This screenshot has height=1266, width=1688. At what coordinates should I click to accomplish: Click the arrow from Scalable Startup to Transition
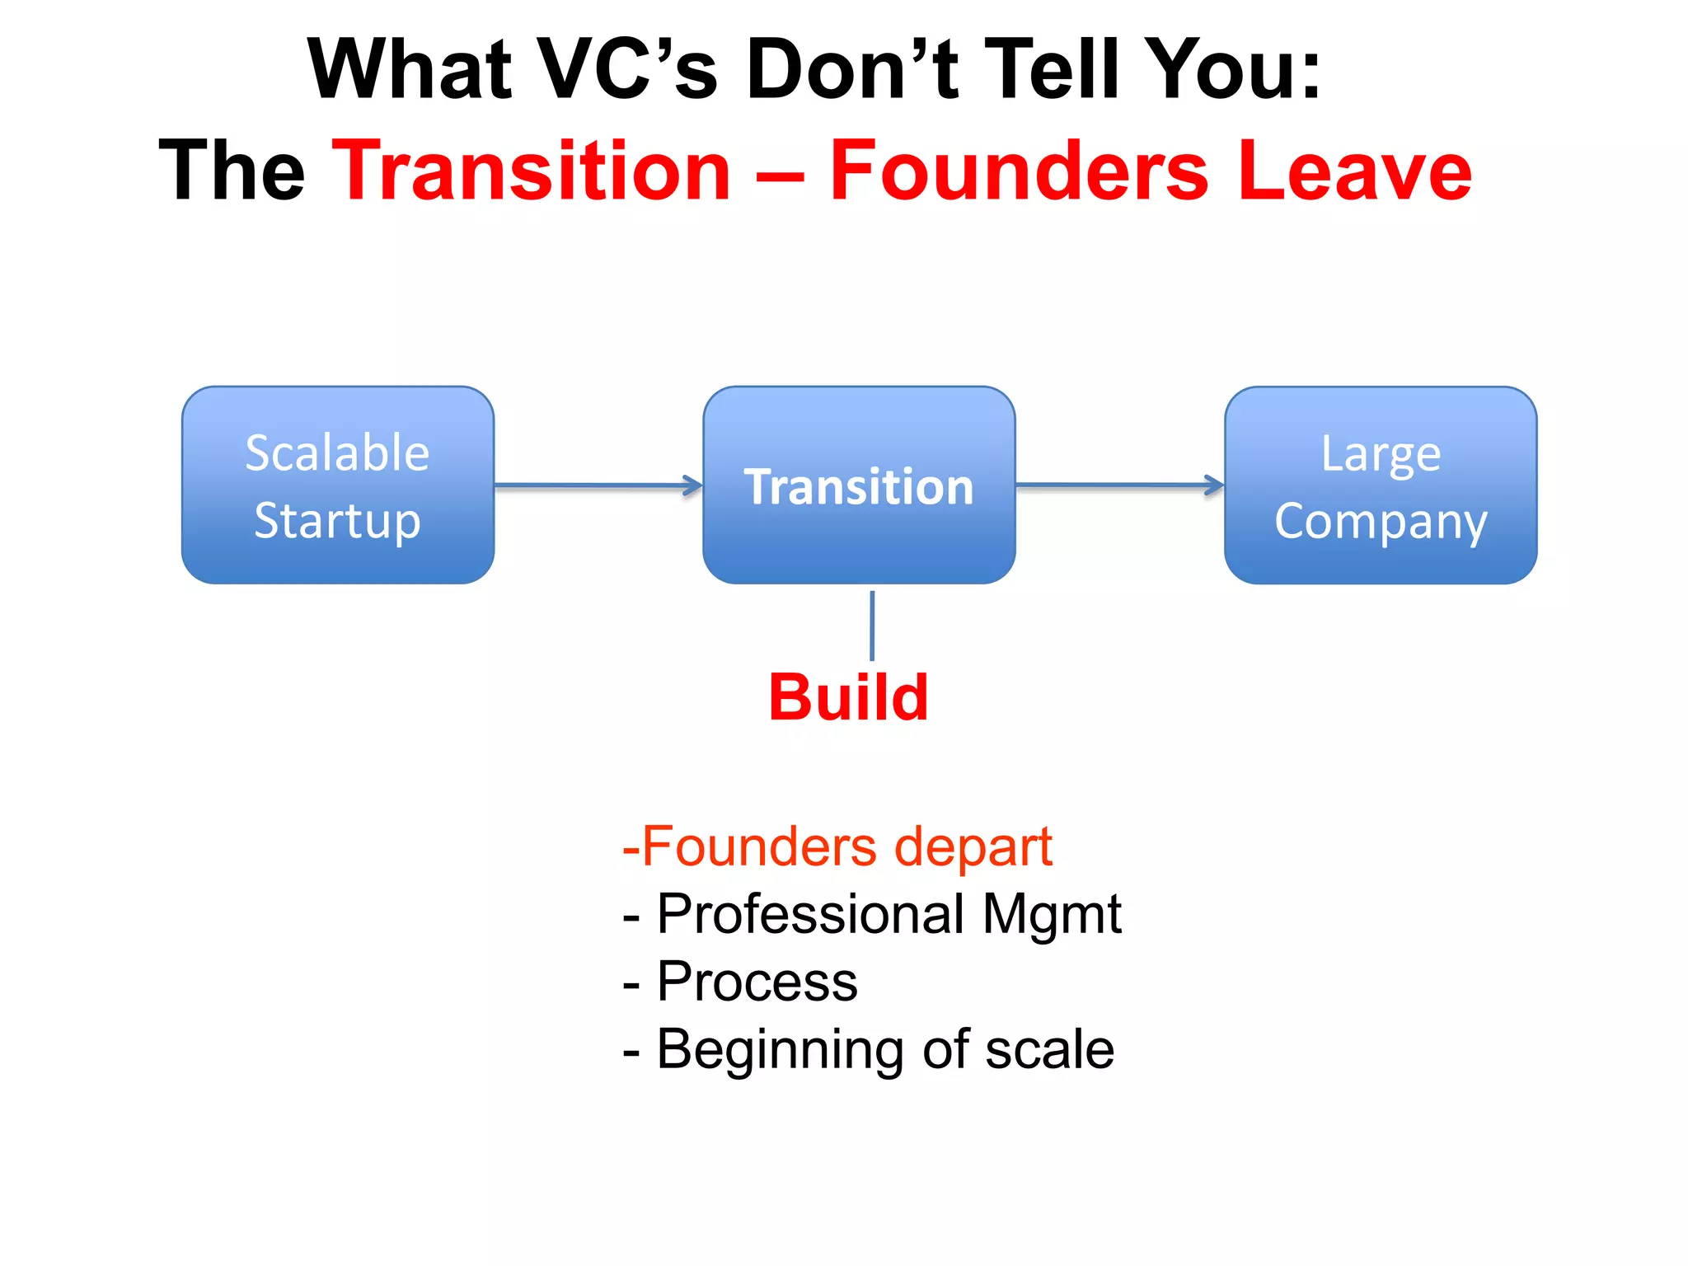[x=598, y=485]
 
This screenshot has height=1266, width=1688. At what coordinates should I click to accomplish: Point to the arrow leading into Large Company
[x=1119, y=485]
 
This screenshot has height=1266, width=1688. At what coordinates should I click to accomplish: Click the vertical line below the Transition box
[x=872, y=625]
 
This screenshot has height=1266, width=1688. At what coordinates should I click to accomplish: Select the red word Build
[x=848, y=697]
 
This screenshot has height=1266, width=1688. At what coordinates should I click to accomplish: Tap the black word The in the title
[x=232, y=171]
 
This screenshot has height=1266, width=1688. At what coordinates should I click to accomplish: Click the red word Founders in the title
[x=1019, y=171]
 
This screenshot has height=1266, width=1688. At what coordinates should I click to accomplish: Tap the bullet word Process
[x=757, y=982]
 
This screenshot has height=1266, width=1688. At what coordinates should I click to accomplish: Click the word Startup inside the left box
[x=338, y=521]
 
